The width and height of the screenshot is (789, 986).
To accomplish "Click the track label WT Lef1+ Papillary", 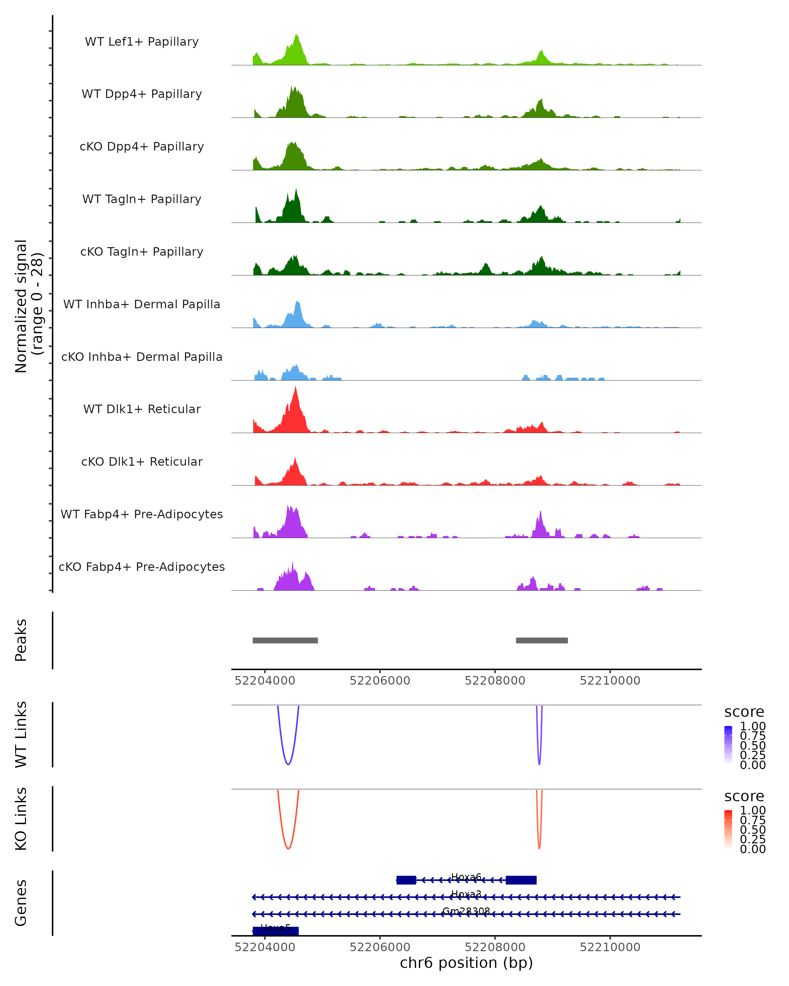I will click(x=142, y=42).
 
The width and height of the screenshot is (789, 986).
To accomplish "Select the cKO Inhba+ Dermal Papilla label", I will click(x=142, y=357).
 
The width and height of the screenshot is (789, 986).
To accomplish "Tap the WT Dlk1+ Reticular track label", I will click(x=142, y=409).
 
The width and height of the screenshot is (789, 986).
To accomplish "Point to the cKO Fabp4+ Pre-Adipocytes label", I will click(x=142, y=567).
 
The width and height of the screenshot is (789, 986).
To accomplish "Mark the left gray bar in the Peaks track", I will click(x=285, y=640).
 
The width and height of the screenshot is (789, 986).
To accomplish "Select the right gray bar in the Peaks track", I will click(x=541, y=640).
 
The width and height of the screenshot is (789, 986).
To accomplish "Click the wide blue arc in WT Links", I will click(x=288, y=764).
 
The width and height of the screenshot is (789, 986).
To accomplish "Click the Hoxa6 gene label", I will click(x=466, y=877).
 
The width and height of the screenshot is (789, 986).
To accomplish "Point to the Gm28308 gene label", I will click(x=466, y=911).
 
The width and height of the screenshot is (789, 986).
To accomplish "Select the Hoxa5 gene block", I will click(x=276, y=931).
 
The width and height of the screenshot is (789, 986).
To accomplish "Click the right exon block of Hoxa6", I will click(x=521, y=880).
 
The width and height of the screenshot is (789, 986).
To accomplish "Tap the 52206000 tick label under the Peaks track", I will click(x=380, y=681).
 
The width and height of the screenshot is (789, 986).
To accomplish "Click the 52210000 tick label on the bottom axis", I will click(x=610, y=947).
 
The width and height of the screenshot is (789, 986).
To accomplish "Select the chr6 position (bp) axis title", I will click(x=466, y=963).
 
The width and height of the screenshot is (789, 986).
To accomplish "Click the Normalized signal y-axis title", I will click(x=28, y=306).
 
